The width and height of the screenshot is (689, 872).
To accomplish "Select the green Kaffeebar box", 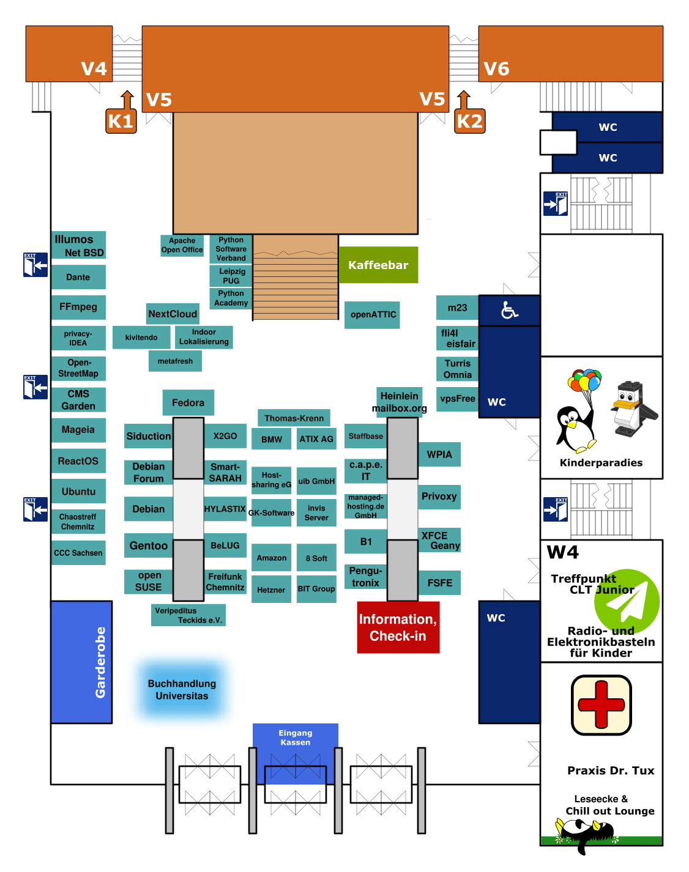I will [x=378, y=265].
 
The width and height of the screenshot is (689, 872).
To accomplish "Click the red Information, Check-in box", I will [x=398, y=627].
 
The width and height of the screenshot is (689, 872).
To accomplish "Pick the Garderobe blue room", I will [x=81, y=662].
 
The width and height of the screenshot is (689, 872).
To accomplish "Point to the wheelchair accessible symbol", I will [x=509, y=311].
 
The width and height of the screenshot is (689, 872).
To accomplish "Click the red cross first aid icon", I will [x=601, y=705].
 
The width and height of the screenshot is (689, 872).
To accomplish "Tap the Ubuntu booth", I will [x=78, y=491].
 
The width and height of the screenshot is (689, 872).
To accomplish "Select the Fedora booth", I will [x=188, y=402].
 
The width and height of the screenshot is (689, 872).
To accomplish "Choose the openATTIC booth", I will [x=373, y=314].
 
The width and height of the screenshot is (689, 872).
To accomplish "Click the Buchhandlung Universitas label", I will [x=182, y=690].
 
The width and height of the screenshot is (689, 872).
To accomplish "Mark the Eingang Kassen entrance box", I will [x=296, y=737].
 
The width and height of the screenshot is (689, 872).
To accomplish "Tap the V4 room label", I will [x=94, y=68].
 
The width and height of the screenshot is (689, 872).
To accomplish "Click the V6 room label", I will [x=496, y=68].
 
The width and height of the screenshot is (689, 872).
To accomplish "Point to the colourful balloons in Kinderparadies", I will [x=584, y=380].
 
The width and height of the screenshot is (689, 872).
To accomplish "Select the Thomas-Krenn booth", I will [x=294, y=418].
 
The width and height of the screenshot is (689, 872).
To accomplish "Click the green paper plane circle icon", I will [x=627, y=602].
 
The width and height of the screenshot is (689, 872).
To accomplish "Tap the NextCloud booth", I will [x=173, y=314].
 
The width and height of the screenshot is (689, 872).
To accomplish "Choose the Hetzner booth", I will [x=271, y=589].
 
